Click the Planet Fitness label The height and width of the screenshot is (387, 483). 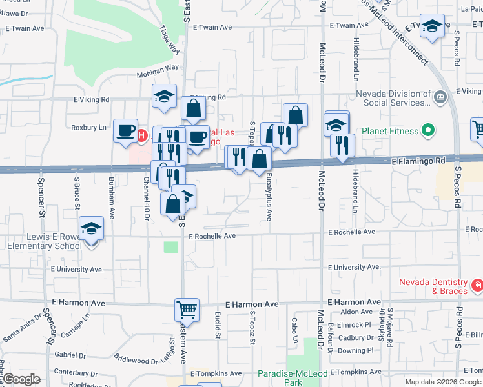pyautogui.click(x=389, y=132)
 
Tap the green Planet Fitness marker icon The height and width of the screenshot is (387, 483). pyautogui.click(x=427, y=132)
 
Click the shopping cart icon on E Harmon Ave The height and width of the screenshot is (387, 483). pyautogui.click(x=186, y=310)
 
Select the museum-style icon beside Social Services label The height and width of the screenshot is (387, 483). pyautogui.click(x=440, y=97)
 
